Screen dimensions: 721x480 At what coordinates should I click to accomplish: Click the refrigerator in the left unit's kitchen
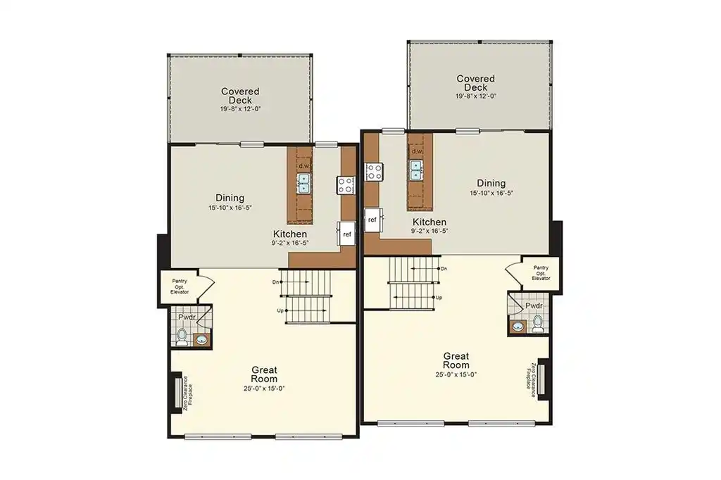(x=346, y=234)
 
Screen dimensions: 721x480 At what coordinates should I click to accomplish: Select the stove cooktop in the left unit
(x=346, y=185)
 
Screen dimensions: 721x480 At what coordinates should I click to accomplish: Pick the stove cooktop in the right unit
(x=375, y=172)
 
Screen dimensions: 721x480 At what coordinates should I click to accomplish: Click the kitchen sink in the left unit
(x=304, y=183)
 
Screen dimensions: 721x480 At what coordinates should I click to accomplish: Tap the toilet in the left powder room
(x=182, y=337)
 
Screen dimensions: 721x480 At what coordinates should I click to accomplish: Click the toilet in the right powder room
(x=537, y=324)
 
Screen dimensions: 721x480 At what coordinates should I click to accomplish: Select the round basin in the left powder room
(x=201, y=340)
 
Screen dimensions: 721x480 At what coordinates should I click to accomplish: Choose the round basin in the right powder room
(x=518, y=327)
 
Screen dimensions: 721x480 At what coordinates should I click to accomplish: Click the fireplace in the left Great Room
(x=177, y=392)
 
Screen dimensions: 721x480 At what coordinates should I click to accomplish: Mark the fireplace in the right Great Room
(x=542, y=379)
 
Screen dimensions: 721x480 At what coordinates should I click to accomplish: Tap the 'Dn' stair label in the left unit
(x=275, y=282)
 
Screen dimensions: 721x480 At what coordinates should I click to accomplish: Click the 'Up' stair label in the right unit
(x=439, y=298)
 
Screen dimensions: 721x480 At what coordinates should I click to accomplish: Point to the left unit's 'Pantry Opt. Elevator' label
(x=180, y=286)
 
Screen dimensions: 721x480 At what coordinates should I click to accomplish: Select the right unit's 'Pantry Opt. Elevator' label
(x=541, y=272)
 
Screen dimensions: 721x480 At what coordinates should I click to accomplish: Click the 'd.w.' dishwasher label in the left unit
(x=304, y=165)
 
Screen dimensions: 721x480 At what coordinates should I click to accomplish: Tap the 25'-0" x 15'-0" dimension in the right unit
(x=456, y=374)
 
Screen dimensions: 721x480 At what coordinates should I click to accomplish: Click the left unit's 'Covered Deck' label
(x=241, y=96)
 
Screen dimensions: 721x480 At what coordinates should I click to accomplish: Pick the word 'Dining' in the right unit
(x=491, y=183)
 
